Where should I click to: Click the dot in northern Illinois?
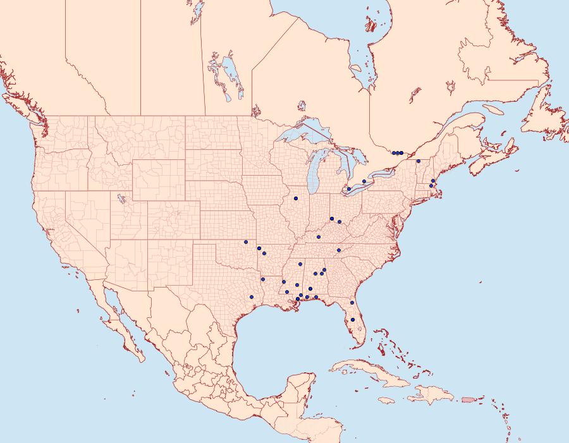[295, 198]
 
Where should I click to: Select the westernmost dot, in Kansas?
[245, 242]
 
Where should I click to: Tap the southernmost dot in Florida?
[353, 320]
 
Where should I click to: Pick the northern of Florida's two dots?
[352, 303]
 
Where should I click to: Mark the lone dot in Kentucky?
[319, 237]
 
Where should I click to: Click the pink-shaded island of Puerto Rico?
[468, 399]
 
